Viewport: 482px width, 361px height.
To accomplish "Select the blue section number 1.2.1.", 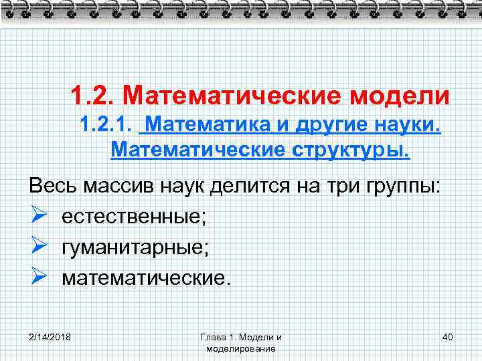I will pyautogui.click(x=106, y=124).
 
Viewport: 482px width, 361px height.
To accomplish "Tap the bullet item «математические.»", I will pyautogui.click(x=146, y=277).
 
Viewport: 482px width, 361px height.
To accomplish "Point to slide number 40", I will pyautogui.click(x=448, y=336).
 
